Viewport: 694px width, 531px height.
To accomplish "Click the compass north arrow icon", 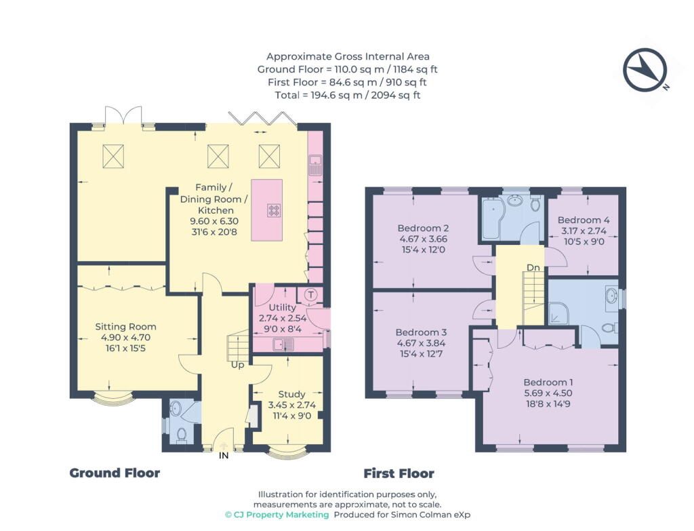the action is [x=645, y=70].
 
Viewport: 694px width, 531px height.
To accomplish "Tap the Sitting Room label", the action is [x=125, y=327].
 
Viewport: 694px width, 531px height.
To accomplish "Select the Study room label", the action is [x=291, y=394].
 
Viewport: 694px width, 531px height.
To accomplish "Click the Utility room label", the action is [x=283, y=307].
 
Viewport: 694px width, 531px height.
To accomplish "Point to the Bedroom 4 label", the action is [x=584, y=220].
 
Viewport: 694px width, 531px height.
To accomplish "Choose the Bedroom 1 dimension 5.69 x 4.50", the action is [x=548, y=393].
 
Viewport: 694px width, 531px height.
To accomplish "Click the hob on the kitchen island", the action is [x=274, y=210].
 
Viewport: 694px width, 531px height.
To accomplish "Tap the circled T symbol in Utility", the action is [x=311, y=295].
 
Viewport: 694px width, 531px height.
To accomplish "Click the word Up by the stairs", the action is [x=238, y=366].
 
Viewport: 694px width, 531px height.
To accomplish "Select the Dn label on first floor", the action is [x=533, y=267].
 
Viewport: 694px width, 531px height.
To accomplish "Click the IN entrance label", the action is [x=224, y=455].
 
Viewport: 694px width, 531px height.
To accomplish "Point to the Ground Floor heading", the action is [x=115, y=473].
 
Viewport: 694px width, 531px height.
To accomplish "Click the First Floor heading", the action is [x=399, y=473].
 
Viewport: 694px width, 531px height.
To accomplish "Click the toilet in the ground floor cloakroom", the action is [x=182, y=435].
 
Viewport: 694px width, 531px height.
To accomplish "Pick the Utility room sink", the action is [x=283, y=344].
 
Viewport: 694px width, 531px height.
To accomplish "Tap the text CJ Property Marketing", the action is [x=277, y=515].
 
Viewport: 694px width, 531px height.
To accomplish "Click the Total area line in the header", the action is [x=348, y=95].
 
